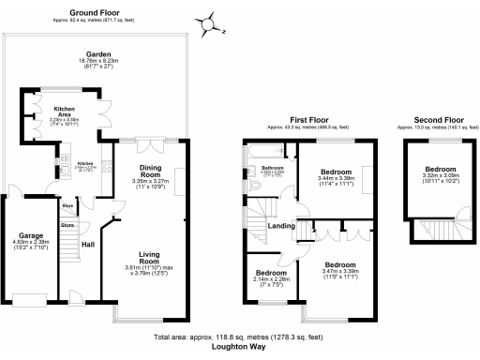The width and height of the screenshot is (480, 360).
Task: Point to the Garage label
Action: [32, 236]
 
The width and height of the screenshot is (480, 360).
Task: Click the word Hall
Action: [88, 244]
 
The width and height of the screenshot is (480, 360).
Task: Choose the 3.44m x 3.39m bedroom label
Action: [336, 172]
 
